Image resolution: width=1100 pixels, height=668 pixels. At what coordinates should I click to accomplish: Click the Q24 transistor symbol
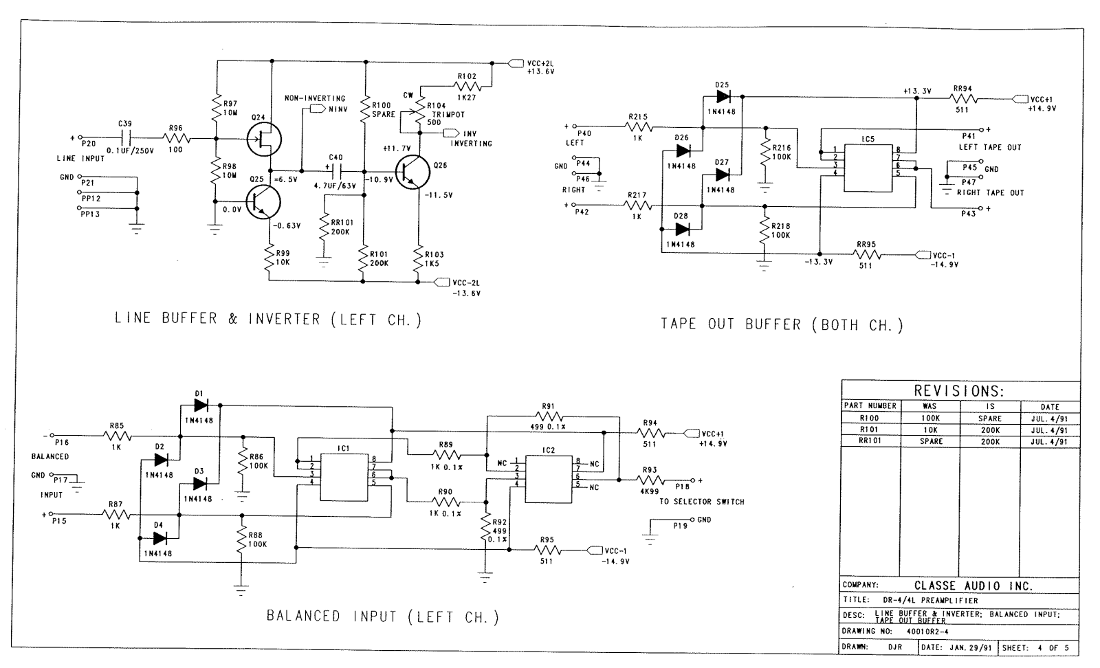pos(264,139)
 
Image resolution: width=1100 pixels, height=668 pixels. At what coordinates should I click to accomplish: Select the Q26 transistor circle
pos(413,172)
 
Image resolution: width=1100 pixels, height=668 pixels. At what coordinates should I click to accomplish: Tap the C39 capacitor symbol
pos(125,138)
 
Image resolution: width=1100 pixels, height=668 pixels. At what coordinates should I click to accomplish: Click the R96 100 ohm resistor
pos(176,138)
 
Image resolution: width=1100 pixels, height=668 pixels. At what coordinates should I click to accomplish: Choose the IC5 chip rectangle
pos(868,168)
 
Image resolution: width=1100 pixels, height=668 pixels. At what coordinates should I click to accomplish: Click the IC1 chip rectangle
pos(344,477)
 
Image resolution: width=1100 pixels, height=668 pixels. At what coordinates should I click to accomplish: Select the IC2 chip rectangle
pos(549,479)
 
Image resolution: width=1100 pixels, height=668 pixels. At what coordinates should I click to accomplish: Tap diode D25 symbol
pos(723,96)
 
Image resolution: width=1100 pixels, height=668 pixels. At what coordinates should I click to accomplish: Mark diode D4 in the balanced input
pos(159,538)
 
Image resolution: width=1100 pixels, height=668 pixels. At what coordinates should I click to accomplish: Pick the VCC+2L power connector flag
pos(515,63)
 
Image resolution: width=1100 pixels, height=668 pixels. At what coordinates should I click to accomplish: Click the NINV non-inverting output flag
pos(318,109)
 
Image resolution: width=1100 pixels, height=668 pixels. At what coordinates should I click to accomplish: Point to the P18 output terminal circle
pos(693,480)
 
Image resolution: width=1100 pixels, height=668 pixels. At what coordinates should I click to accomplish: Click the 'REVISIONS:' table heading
pos(959,390)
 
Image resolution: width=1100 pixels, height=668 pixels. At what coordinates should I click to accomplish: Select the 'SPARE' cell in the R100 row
pos(989,419)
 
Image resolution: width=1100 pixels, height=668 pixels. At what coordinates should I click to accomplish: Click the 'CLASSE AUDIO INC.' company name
pos(973,586)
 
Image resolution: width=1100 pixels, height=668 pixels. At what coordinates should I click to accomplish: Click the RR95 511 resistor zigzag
pos(866,255)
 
